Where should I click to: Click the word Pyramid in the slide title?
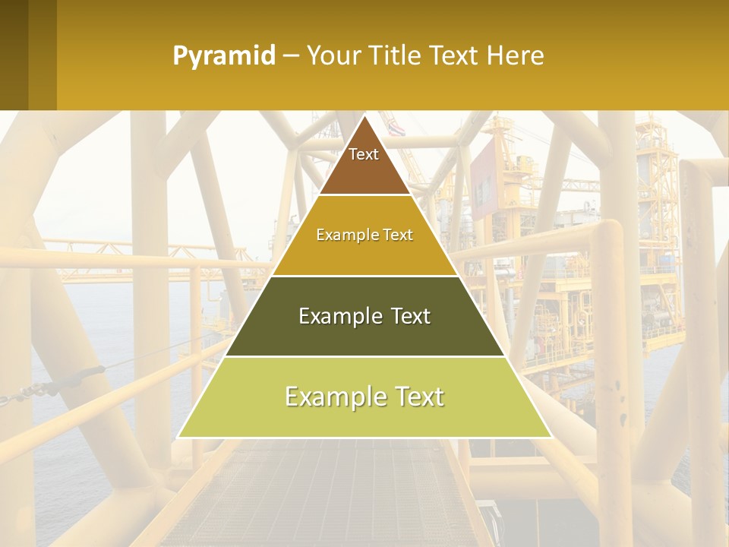point(224,56)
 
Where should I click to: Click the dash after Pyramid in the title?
point(290,57)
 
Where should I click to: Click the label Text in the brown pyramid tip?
point(364,154)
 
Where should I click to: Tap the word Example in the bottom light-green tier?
point(332,397)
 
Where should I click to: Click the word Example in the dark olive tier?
point(332,316)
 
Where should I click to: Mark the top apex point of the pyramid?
point(364,116)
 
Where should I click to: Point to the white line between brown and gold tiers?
point(364,195)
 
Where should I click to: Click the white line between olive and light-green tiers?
point(364,356)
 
